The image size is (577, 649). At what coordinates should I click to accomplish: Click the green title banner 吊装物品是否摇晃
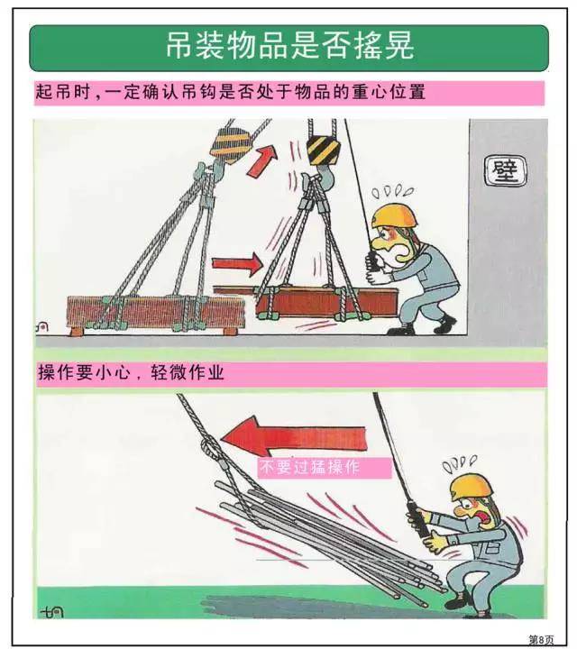[288, 47]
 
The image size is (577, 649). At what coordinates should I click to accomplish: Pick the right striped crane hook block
[323, 149]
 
